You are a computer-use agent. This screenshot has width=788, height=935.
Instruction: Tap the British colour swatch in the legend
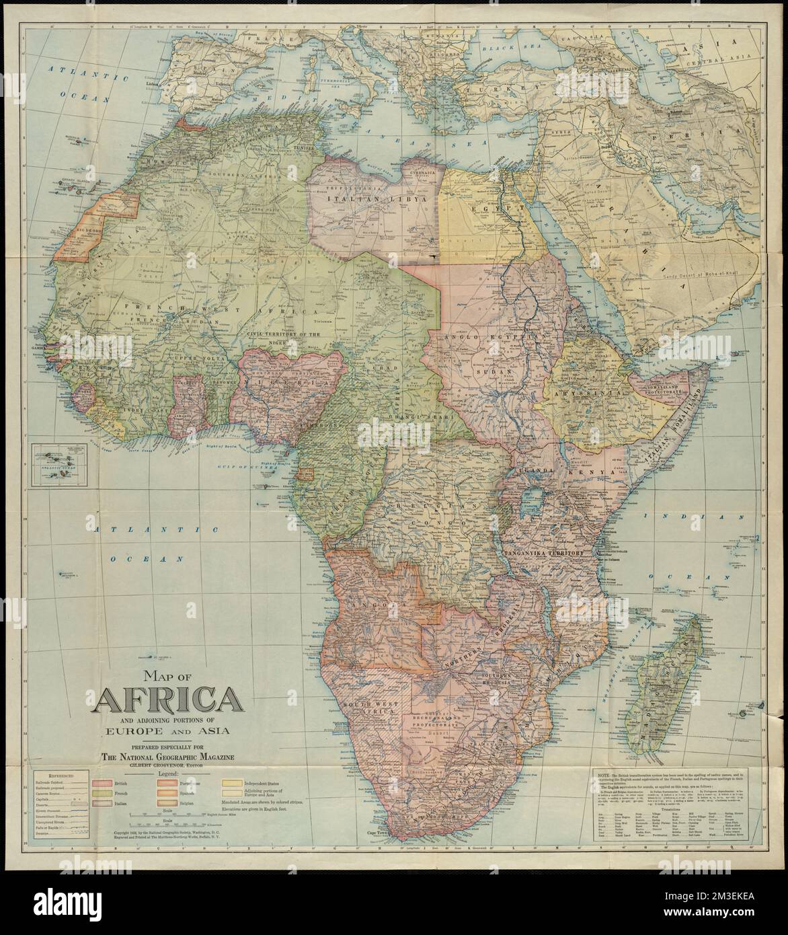point(102,784)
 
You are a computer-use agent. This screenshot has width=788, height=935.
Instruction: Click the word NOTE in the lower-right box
point(605,776)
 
